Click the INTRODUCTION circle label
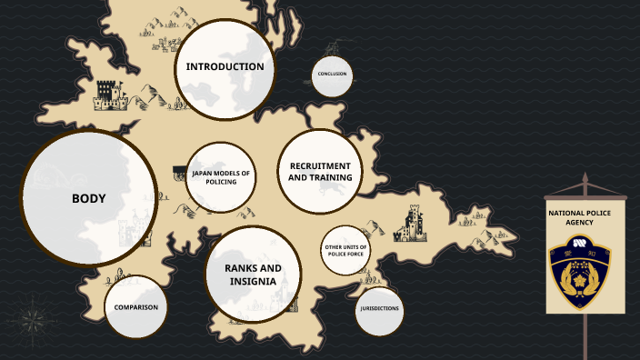pyautogui.click(x=225, y=66)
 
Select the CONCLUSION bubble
pyautogui.click(x=332, y=75)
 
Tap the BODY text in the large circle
pyautogui.click(x=89, y=198)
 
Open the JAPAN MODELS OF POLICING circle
pyautogui.click(x=220, y=176)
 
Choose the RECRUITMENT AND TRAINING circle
pyautogui.click(x=320, y=171)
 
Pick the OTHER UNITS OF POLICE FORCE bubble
pyautogui.click(x=345, y=250)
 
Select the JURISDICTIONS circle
pyautogui.click(x=378, y=308)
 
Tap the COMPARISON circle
pyautogui.click(x=136, y=307)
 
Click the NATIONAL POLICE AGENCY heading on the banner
pyautogui.click(x=585, y=217)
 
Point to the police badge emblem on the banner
pyautogui.click(x=585, y=269)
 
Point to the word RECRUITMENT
pyautogui.click(x=320, y=165)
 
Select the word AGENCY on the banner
pyautogui.click(x=585, y=223)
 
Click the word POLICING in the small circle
pyautogui.click(x=221, y=182)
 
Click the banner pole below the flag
pyautogui.click(x=585, y=336)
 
